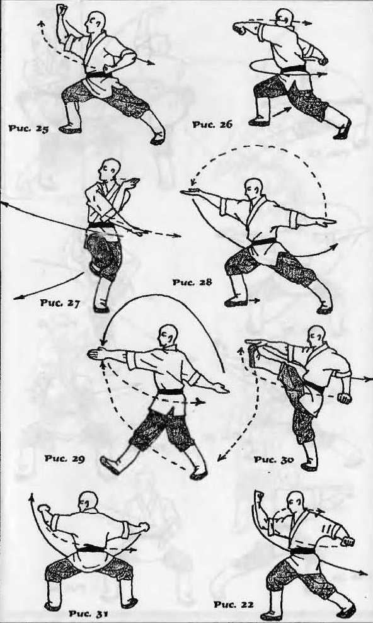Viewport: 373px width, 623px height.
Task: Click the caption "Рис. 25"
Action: [x=28, y=129]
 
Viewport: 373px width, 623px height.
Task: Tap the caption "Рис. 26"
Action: [x=212, y=125]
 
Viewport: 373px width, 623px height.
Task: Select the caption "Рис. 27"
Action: [x=60, y=303]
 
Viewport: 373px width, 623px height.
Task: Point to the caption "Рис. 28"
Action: [x=192, y=282]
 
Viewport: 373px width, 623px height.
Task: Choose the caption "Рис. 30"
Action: [x=274, y=459]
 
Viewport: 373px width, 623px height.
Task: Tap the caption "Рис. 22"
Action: [x=234, y=605]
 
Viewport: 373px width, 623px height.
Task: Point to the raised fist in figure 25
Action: [x=62, y=9]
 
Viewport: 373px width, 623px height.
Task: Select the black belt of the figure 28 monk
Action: [x=263, y=241]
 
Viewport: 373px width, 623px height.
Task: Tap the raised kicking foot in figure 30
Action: [x=253, y=352]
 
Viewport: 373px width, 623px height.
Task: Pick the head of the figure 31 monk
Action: [x=88, y=502]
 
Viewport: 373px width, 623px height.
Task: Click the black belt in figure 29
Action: [x=171, y=392]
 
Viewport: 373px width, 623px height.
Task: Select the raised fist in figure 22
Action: [x=260, y=496]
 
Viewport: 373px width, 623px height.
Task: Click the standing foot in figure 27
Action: [x=101, y=309]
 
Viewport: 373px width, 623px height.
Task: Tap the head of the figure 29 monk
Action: [x=168, y=335]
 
